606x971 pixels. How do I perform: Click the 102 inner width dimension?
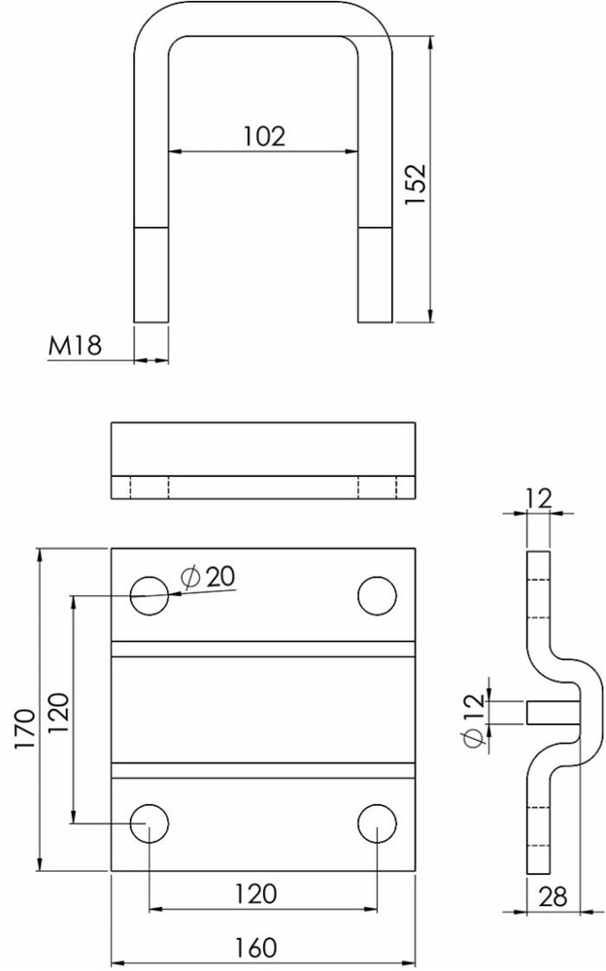coord(263,136)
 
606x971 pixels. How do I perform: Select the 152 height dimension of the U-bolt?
coord(416,184)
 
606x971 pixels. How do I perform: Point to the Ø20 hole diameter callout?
coord(208,576)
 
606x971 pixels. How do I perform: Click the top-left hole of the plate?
coord(151,595)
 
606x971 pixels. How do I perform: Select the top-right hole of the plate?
coord(377,595)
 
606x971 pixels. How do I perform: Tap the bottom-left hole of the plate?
coord(151,822)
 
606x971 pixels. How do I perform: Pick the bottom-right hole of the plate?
coord(377,822)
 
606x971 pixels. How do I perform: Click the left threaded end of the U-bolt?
coord(151,275)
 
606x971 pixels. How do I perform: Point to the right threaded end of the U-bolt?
coord(376,275)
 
